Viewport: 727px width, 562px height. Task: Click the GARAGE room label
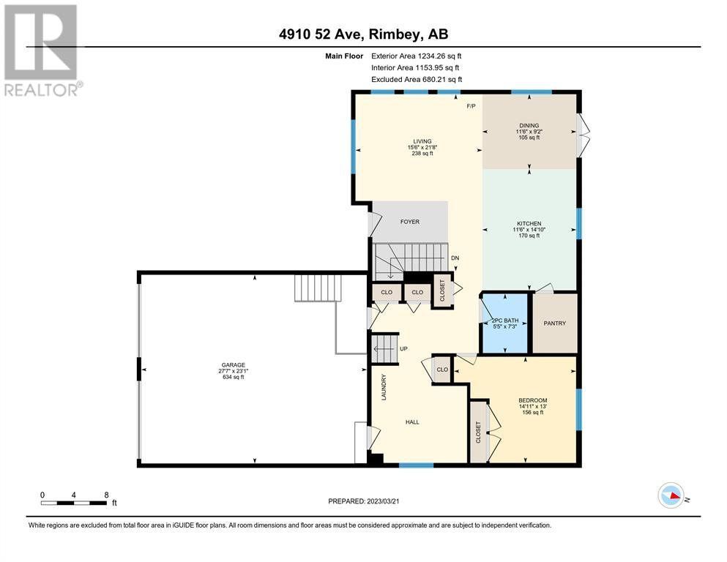pyautogui.click(x=233, y=365)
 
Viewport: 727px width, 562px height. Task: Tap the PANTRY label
pyautogui.click(x=554, y=323)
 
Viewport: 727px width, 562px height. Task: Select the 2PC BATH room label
pyautogui.click(x=505, y=321)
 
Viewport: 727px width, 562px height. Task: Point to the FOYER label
pyautogui.click(x=410, y=222)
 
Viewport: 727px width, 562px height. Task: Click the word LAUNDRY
pyautogui.click(x=384, y=387)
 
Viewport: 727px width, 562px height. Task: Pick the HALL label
pyautogui.click(x=412, y=422)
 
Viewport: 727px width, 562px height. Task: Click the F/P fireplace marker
pyautogui.click(x=471, y=106)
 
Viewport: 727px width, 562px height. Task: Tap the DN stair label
pyautogui.click(x=455, y=258)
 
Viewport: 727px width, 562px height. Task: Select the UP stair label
pyautogui.click(x=403, y=349)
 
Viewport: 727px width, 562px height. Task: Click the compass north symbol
pyautogui.click(x=671, y=495)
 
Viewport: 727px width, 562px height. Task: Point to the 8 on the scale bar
pyautogui.click(x=106, y=495)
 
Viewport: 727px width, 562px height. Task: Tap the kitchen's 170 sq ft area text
pyautogui.click(x=529, y=236)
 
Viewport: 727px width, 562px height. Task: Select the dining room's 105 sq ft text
pyautogui.click(x=529, y=138)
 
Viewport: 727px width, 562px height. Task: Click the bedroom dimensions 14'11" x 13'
pyautogui.click(x=533, y=406)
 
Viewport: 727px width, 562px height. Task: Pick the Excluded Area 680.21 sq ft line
pyautogui.click(x=417, y=79)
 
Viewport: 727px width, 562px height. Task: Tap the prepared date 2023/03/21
pyautogui.click(x=383, y=501)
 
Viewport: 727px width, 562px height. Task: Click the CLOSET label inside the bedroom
pyautogui.click(x=479, y=432)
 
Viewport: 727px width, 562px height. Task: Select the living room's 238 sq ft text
pyautogui.click(x=422, y=154)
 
